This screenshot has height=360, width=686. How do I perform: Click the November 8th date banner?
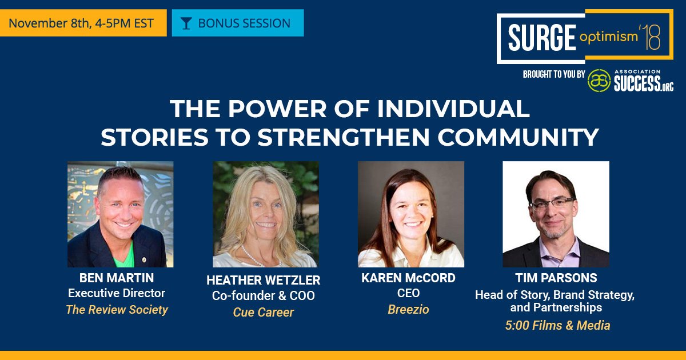(82, 23)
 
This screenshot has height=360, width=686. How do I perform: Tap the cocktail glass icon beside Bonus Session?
(186, 23)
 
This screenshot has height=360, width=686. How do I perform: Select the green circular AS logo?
(599, 80)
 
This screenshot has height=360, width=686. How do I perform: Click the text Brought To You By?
(553, 75)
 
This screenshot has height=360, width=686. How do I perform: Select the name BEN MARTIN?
(117, 278)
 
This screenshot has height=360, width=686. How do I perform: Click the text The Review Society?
(117, 310)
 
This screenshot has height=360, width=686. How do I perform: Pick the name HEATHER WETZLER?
(264, 281)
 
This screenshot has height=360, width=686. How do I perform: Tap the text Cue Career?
(264, 312)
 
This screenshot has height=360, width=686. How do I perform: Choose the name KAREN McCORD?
(408, 278)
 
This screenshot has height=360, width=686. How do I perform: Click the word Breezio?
(408, 309)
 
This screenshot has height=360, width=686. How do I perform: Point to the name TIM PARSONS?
(555, 278)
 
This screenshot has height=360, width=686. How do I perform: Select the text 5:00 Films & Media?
(555, 325)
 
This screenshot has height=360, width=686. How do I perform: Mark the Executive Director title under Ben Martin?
(117, 294)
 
